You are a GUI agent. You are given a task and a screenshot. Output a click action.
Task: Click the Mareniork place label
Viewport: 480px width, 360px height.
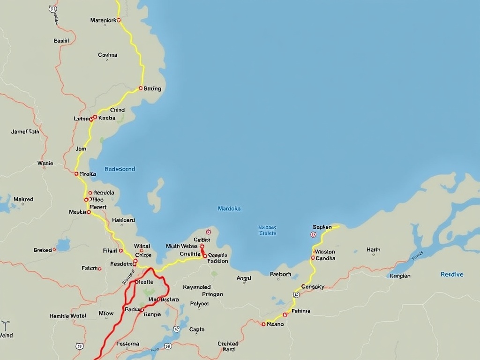103,20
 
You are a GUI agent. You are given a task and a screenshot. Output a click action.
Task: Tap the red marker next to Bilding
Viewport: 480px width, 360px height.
141,88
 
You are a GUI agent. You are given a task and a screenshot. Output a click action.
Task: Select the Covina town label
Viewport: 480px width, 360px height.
107,55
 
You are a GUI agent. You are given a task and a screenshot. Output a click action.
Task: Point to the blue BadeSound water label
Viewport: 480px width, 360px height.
120,169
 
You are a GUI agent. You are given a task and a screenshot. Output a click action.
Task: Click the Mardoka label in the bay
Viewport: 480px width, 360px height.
229,209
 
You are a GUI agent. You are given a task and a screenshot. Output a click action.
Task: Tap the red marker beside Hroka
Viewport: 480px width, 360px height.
76,173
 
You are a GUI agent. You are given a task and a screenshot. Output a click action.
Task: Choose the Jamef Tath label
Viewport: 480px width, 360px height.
25,132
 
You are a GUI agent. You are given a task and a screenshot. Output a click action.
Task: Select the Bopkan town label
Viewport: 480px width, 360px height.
322,227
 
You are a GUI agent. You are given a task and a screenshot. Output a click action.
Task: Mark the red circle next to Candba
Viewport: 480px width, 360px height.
313,258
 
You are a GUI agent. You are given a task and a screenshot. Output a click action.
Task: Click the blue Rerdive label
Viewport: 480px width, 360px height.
452,275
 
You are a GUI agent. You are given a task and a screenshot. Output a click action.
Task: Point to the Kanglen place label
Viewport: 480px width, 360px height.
400,276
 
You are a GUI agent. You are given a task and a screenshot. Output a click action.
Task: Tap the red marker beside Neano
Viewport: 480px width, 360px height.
263,324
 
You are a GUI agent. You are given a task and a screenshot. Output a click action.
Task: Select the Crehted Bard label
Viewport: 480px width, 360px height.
228,346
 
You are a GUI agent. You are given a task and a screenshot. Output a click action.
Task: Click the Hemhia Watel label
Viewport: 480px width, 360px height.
68,316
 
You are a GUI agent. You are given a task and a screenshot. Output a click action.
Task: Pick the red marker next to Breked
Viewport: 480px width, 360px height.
54,249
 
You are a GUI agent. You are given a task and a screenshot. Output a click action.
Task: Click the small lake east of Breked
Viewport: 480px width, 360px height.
63,245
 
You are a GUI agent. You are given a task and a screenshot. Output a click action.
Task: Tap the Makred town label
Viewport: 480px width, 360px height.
23,199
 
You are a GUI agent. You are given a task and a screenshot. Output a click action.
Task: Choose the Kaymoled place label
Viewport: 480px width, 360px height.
197,287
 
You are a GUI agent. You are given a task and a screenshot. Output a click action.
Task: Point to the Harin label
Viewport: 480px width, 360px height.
373,250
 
